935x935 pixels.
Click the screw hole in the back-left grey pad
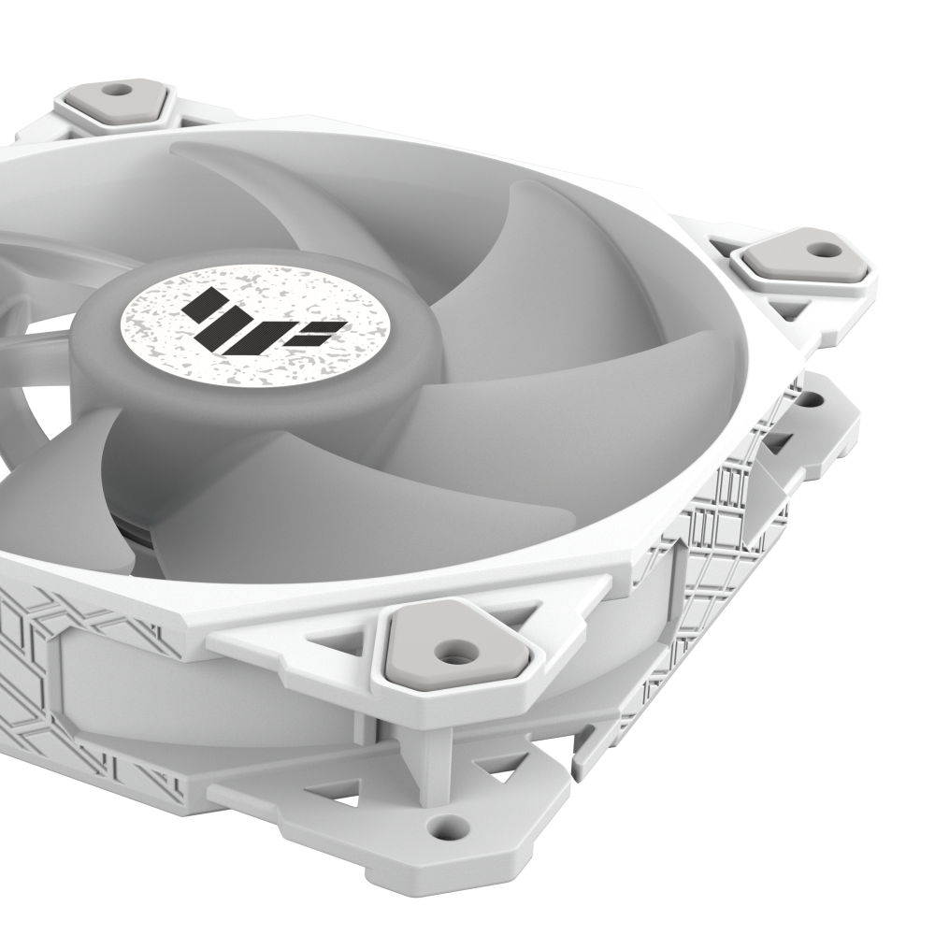(116, 92)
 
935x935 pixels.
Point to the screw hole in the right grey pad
(823, 250)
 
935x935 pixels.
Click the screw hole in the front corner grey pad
(455, 648)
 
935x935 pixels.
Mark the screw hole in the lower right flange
(807, 401)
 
